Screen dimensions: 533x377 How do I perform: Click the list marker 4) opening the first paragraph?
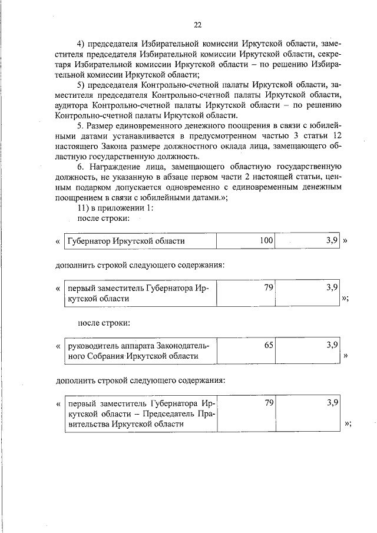point(83,44)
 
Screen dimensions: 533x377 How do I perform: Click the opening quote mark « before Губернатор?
point(58,241)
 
